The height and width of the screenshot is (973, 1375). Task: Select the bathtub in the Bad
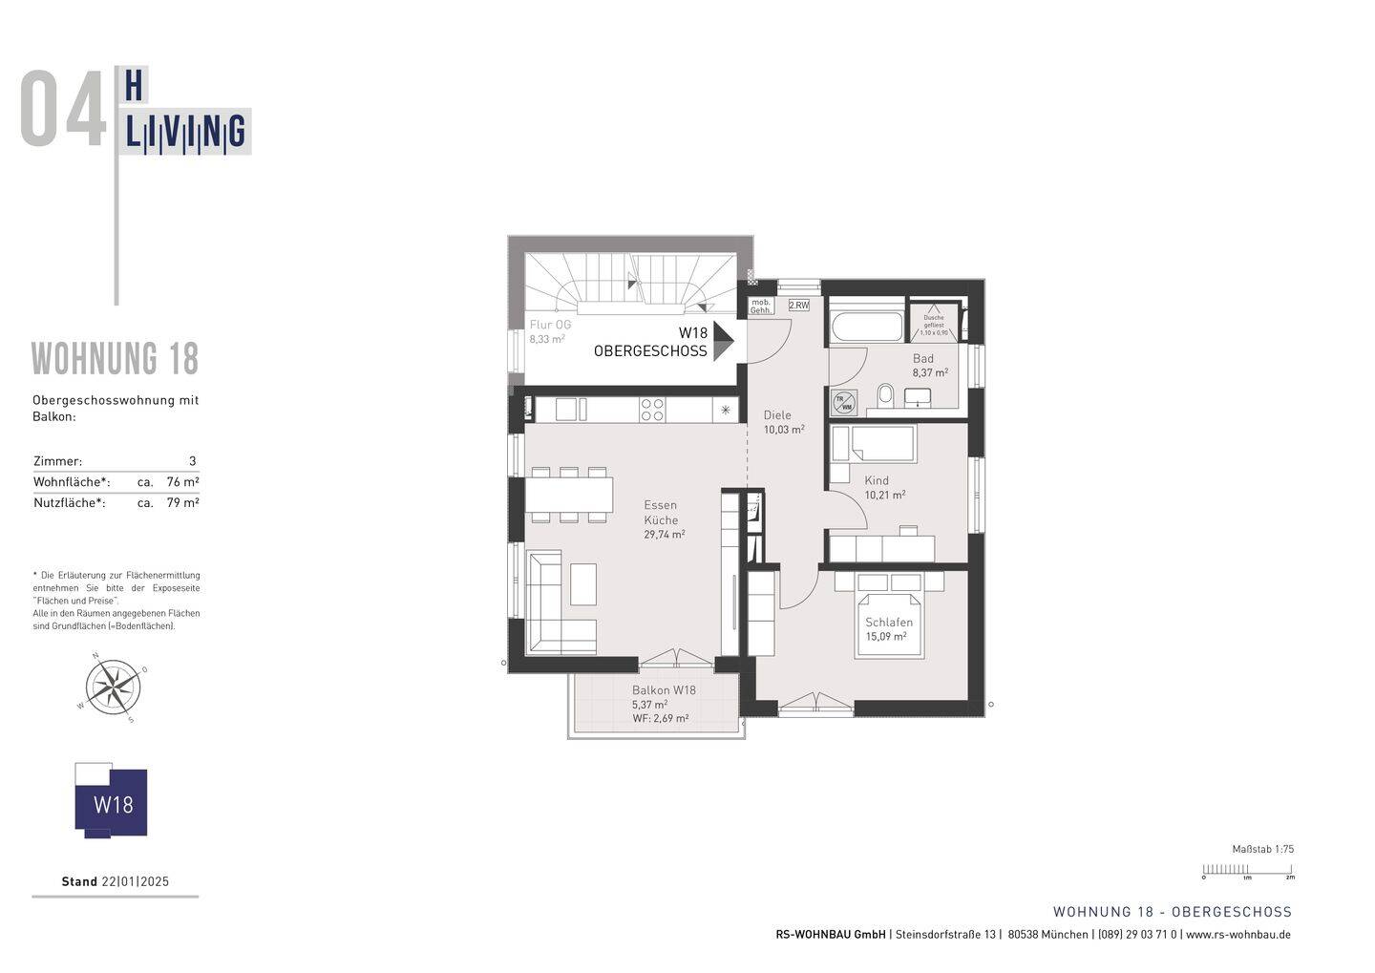(867, 326)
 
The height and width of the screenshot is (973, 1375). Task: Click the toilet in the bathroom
(885, 394)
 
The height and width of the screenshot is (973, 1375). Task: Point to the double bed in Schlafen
(889, 625)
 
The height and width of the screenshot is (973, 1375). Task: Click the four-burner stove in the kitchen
(653, 410)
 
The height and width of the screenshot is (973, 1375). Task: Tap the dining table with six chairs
(569, 495)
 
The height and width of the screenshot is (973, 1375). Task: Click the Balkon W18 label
(664, 690)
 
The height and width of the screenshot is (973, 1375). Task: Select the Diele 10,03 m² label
(783, 422)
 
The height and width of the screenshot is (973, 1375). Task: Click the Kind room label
(877, 480)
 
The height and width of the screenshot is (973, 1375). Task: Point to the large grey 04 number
(63, 110)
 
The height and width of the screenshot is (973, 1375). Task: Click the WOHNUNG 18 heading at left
(116, 359)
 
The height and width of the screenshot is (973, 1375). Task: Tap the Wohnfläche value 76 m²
(182, 482)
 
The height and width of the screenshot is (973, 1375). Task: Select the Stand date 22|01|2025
(136, 881)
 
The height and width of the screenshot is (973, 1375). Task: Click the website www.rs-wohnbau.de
(1238, 935)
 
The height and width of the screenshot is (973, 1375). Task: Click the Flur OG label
(550, 325)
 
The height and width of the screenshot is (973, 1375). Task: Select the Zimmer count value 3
(193, 461)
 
